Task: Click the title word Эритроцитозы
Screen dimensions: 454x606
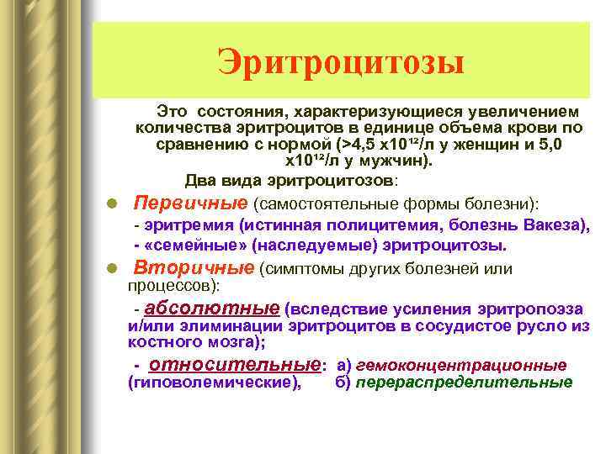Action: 341,62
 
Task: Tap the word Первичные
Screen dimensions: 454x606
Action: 191,203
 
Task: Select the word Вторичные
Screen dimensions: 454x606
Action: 194,267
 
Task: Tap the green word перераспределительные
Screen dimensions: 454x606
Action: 464,383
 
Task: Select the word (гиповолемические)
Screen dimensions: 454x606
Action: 214,383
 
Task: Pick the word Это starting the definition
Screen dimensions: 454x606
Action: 172,111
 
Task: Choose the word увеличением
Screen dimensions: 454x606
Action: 524,111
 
